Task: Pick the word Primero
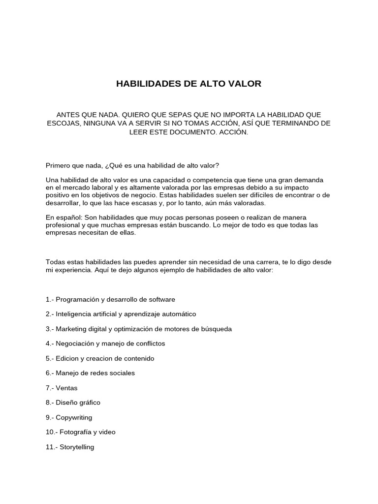[58, 166]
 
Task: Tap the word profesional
[63, 225]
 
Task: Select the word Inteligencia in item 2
[73, 314]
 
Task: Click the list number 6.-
[50, 373]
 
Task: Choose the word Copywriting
[74, 417]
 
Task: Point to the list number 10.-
[52, 432]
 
